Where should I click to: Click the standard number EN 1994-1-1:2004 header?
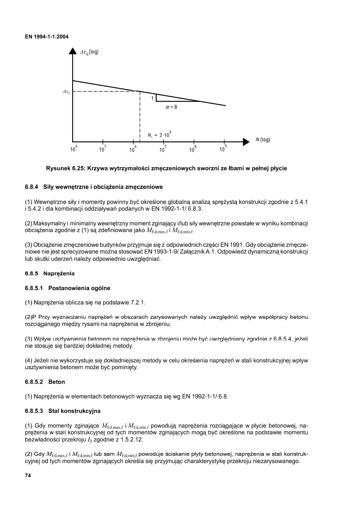pos(47,37)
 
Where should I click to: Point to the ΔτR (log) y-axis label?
pos(89,52)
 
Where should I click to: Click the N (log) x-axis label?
pos(262,140)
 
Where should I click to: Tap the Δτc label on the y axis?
pos(66,92)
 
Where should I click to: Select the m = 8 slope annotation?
pos(172,108)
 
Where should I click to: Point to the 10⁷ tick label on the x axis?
pos(163,150)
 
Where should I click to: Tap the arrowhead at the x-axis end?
pos(246,141)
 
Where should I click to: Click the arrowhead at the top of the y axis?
pos(73,51)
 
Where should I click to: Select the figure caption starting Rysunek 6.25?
pos(166,168)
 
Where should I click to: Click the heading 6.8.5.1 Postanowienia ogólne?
pos(67,288)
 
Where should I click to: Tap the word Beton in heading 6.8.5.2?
pos(56,382)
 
